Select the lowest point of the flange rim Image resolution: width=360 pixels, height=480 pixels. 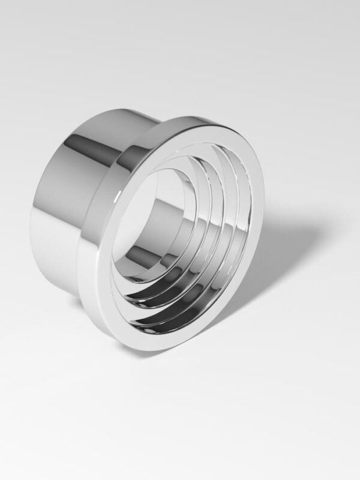click(x=150, y=351)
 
